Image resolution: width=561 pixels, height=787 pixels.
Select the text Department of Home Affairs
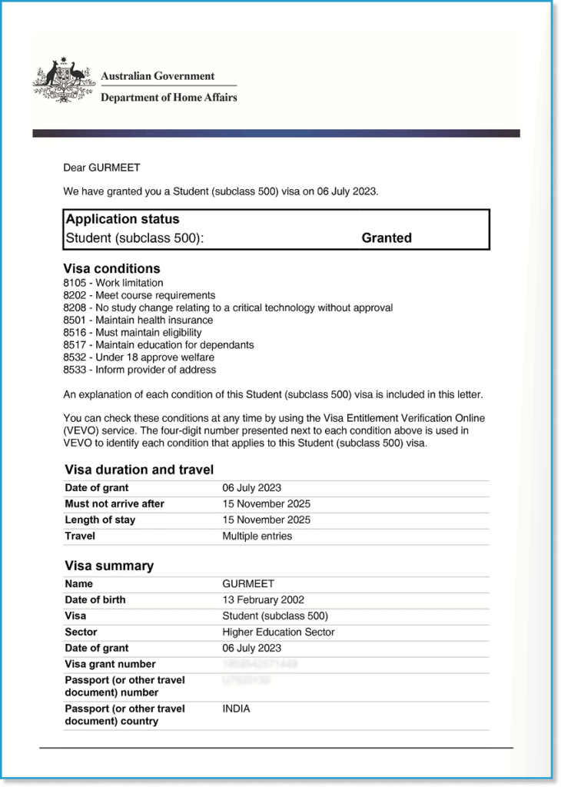point(168,98)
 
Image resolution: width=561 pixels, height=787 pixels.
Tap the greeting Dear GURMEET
point(101,168)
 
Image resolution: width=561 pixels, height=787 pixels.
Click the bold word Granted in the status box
point(387,238)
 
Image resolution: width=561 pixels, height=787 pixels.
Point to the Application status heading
point(123,220)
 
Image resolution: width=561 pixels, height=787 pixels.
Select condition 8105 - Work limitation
point(113,283)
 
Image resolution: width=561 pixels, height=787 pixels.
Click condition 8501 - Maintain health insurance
point(138,320)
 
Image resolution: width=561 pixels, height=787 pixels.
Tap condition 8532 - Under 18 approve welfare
point(138,357)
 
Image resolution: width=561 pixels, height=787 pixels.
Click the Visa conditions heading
point(111,269)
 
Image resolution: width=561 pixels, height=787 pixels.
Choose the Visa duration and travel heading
point(139,470)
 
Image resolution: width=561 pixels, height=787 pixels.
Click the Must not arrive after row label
point(115,504)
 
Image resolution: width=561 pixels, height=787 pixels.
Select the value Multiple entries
point(257,536)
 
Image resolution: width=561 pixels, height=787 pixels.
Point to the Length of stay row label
point(100,520)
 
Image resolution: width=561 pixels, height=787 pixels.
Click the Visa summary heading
point(109,566)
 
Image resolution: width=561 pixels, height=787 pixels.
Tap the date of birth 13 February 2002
point(264,600)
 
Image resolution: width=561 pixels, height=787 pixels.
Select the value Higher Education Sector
point(278,633)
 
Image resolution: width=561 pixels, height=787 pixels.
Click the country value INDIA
point(237,709)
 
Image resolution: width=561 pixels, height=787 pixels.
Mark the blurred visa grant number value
point(260,664)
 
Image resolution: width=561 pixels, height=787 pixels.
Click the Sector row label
point(81,633)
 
